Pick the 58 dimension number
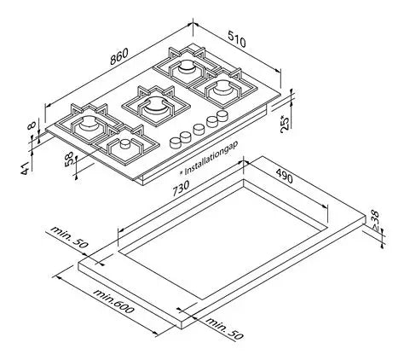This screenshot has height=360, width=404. [68, 159]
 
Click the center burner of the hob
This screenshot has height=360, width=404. [153, 107]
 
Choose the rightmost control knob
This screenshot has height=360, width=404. [223, 115]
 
